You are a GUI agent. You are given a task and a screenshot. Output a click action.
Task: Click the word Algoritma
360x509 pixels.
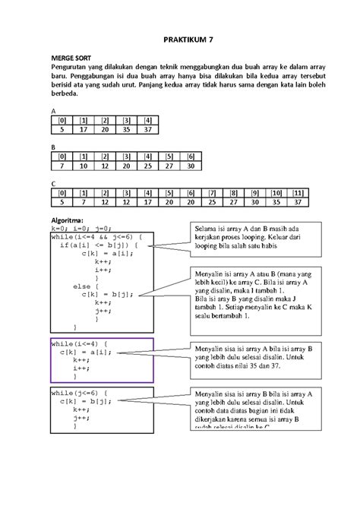pos(69,220)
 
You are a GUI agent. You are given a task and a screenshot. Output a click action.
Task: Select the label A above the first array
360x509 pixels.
pos(53,111)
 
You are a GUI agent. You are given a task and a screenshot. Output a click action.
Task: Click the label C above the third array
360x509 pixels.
pos(53,183)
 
